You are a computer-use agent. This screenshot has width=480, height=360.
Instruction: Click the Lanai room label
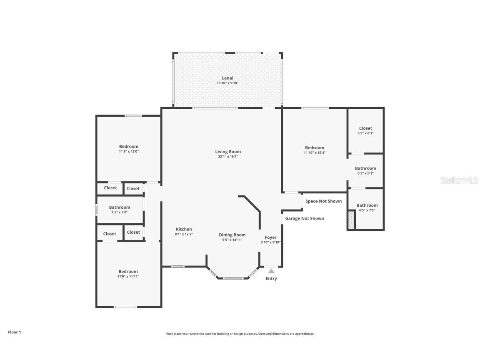[x=227, y=78]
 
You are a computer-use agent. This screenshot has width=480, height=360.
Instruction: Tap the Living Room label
[x=228, y=152]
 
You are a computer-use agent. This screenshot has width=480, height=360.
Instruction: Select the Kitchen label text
[x=184, y=229]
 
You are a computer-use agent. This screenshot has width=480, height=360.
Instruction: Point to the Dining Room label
[x=232, y=235]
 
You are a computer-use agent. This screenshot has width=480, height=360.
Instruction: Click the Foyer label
[x=270, y=237]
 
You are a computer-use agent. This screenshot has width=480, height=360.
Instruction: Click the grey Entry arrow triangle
[x=271, y=271]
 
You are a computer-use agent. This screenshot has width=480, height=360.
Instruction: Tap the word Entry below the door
[x=271, y=278]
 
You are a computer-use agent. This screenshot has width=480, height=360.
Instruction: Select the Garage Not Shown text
[x=305, y=218]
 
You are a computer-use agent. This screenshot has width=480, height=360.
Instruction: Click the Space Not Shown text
[x=323, y=201]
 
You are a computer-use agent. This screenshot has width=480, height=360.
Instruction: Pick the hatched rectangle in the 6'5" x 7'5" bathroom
[x=351, y=220]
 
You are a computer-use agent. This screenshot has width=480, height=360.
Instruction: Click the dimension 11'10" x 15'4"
[x=315, y=153]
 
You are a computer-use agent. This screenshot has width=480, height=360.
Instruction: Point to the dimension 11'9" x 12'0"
[x=128, y=152]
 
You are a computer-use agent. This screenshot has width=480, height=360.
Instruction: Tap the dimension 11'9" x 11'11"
[x=128, y=276]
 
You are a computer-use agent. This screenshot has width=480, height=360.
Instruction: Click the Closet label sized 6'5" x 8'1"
[x=365, y=128]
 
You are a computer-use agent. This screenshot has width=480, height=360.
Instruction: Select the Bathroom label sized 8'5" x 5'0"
[x=120, y=207]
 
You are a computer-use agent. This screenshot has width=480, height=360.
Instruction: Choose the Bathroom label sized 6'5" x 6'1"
[x=365, y=168]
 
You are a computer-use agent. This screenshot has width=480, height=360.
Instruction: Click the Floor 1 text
[x=14, y=332]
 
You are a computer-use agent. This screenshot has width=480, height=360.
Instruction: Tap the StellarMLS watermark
[x=460, y=180]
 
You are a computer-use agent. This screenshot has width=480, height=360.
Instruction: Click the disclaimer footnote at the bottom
[x=240, y=334]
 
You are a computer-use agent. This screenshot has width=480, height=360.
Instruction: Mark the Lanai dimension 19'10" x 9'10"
[x=227, y=83]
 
